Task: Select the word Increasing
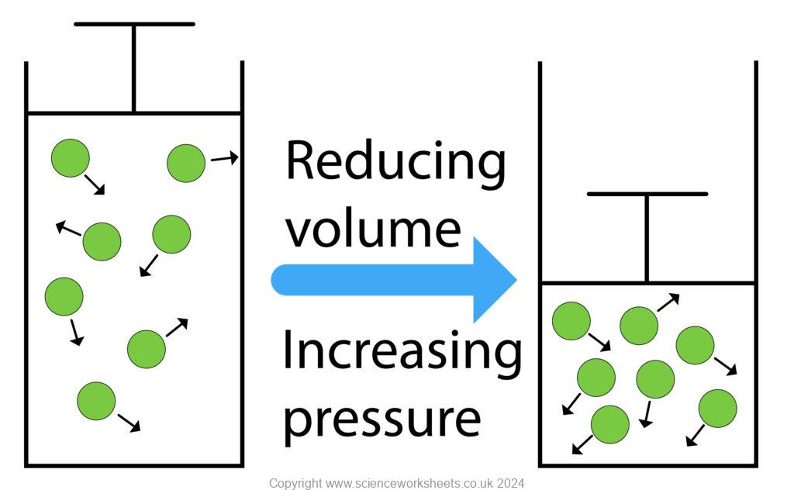(402, 350)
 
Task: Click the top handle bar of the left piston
(134, 24)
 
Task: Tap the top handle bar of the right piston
(647, 193)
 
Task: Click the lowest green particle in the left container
(96, 401)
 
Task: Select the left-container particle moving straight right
(186, 163)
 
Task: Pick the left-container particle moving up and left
(102, 241)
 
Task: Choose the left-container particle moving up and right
(146, 348)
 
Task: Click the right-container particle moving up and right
(638, 326)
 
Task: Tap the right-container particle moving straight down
(655, 379)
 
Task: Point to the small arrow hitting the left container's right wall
(225, 158)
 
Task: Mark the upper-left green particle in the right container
(571, 321)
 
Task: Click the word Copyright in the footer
(295, 483)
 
